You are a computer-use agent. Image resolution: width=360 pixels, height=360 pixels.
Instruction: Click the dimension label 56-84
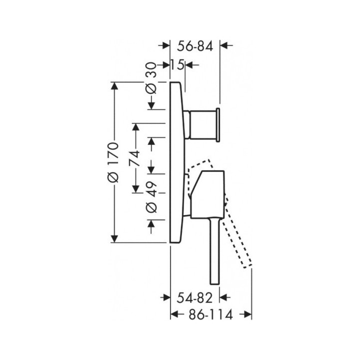point(195,46)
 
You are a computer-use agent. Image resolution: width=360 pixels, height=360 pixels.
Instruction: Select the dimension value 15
point(177,64)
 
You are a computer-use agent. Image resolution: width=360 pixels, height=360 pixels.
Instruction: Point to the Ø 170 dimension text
point(113,162)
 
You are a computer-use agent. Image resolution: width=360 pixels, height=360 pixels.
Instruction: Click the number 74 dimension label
point(134,158)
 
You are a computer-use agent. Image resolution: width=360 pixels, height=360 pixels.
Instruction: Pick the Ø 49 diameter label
point(151,197)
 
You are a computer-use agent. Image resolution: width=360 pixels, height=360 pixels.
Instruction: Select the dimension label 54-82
point(194,298)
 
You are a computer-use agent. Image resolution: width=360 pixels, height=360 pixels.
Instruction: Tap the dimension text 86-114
point(211,314)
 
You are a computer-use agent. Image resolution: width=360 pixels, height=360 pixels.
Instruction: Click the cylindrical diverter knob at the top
point(201,124)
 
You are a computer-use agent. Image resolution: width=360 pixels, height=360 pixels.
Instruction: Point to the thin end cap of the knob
point(218,124)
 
